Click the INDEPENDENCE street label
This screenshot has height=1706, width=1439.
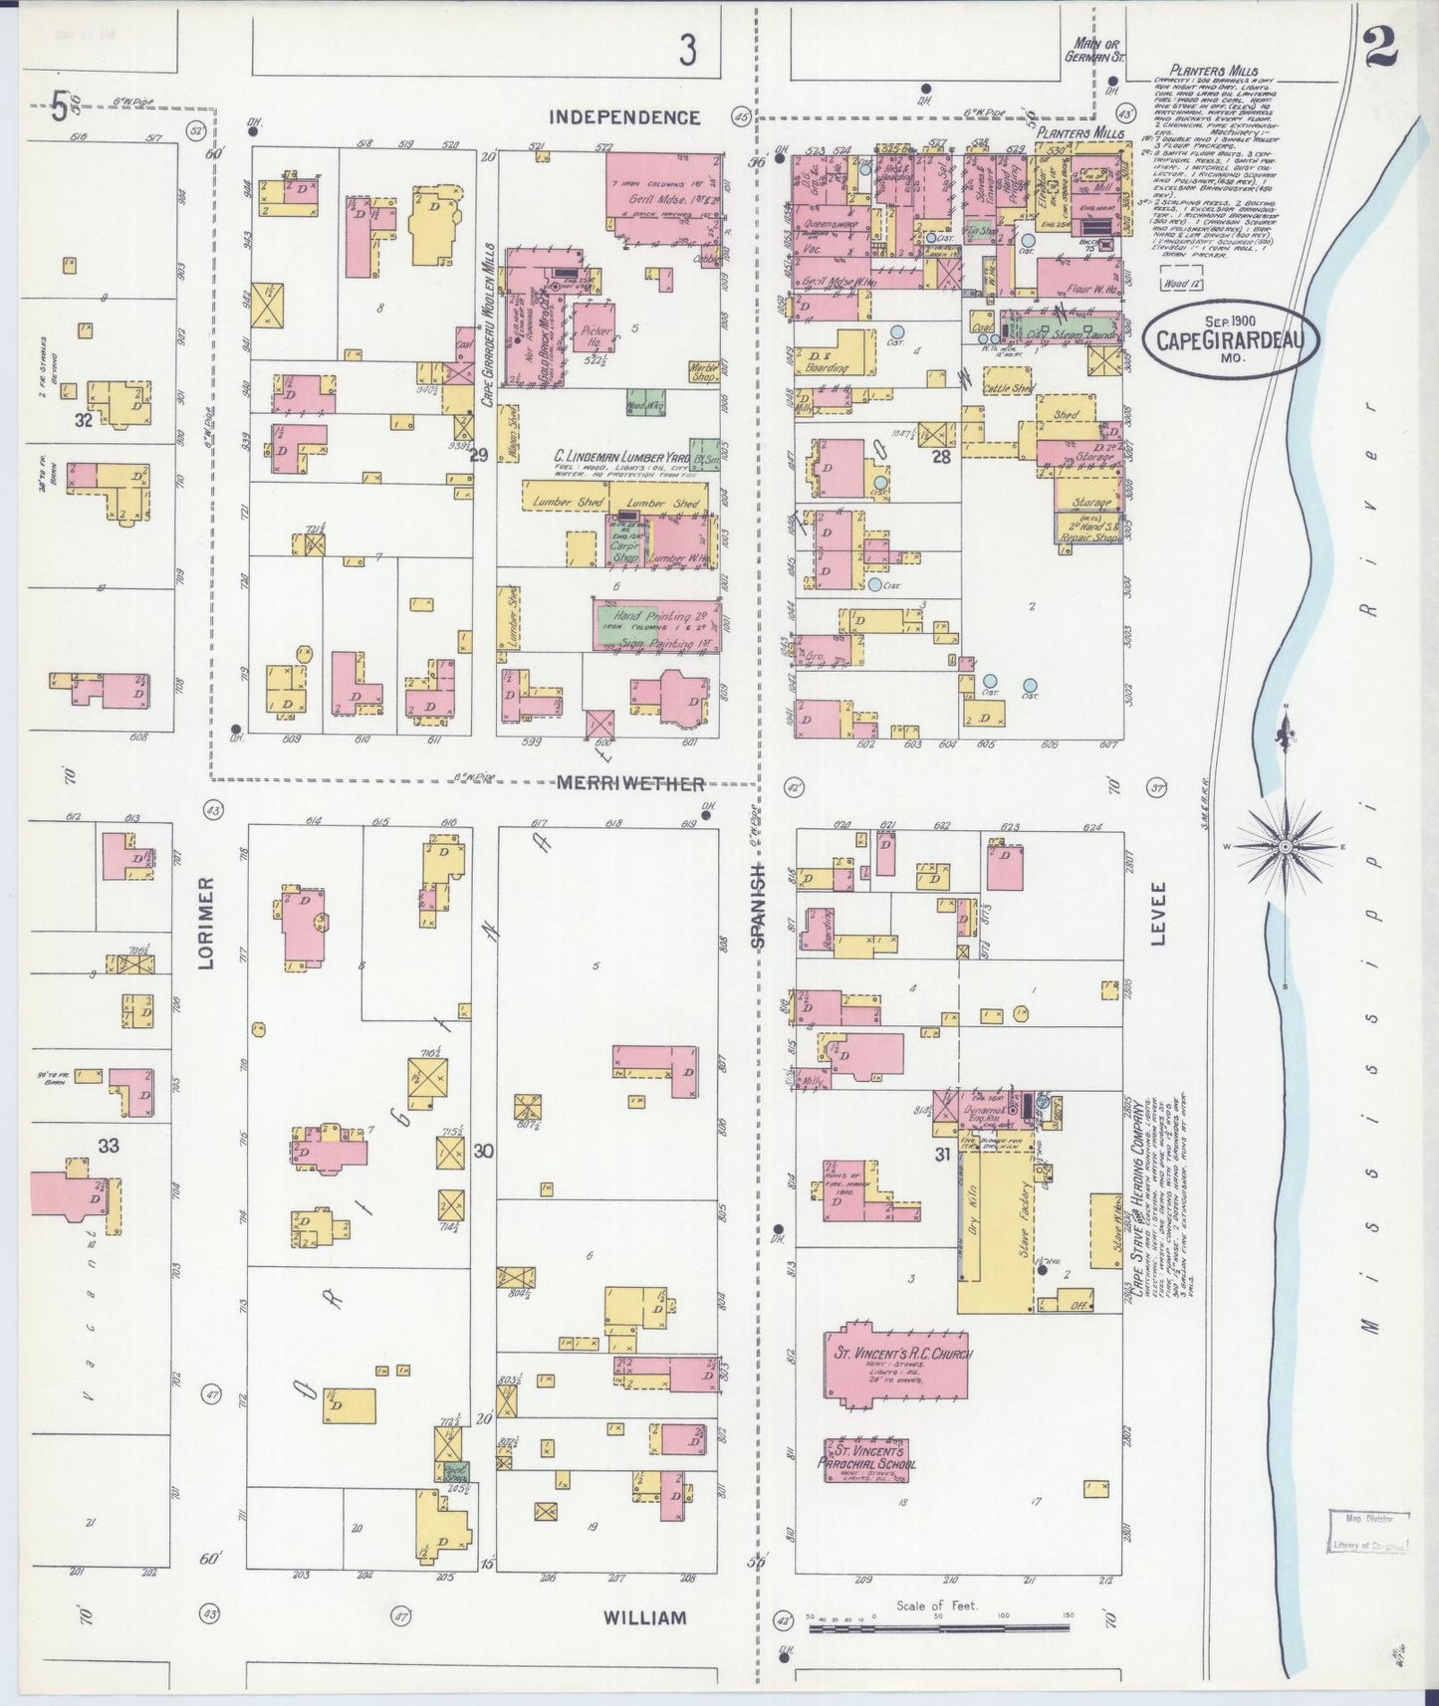click(625, 117)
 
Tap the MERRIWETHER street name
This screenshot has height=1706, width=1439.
click(630, 783)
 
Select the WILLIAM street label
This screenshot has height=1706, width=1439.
click(644, 1617)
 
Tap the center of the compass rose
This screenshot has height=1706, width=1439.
click(1285, 846)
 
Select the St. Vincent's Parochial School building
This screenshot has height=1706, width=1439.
click(866, 1459)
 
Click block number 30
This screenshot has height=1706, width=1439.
click(484, 1152)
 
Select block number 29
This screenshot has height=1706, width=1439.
click(479, 456)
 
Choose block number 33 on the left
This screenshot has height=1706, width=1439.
click(108, 1146)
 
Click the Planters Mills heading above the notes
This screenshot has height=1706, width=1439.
click(1195, 71)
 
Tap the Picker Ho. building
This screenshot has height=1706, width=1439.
click(595, 327)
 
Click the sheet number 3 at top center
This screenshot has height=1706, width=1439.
click(687, 50)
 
